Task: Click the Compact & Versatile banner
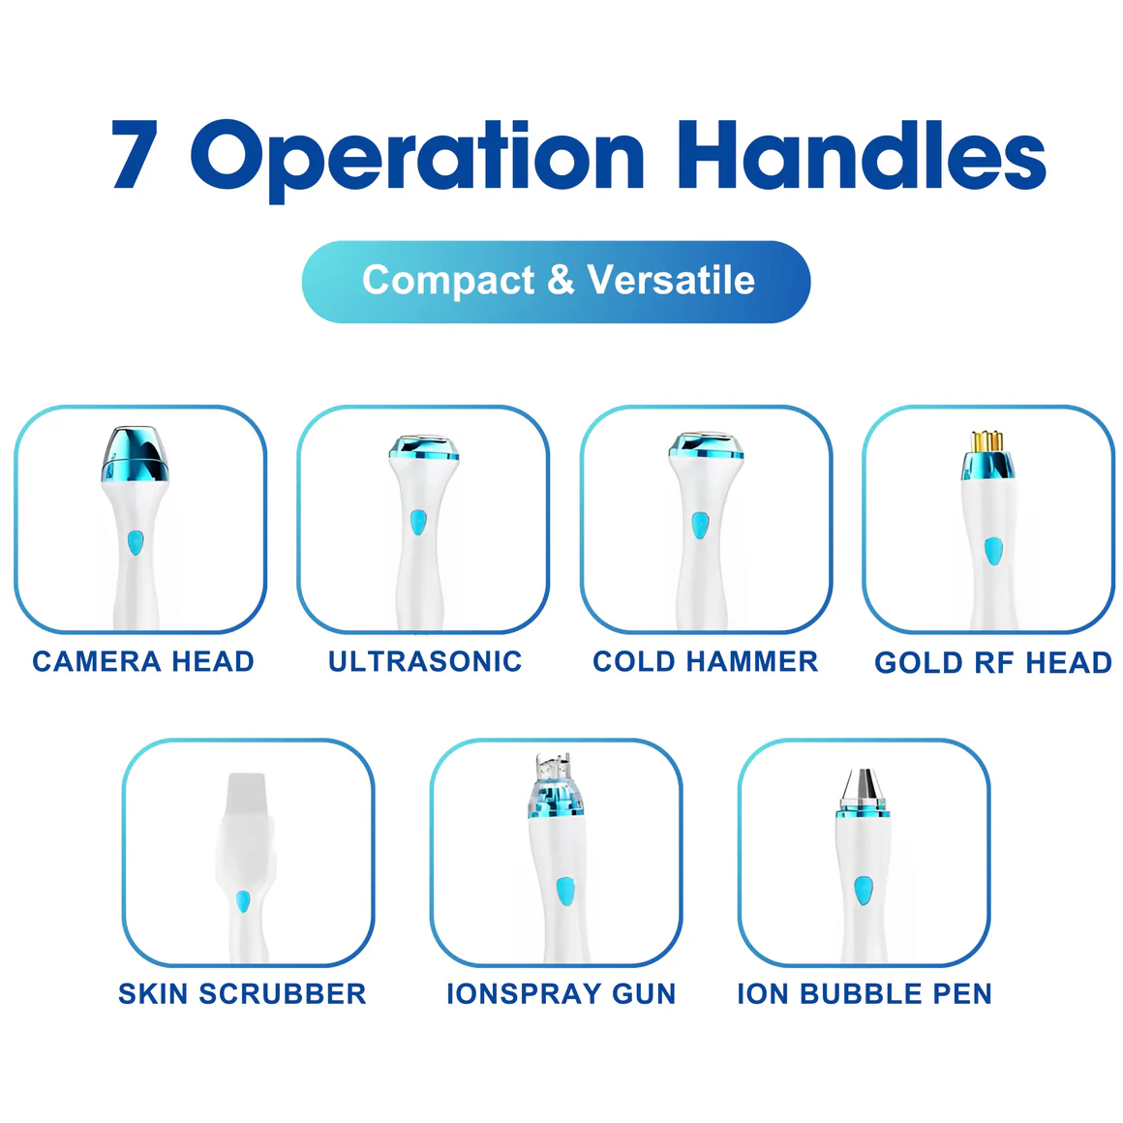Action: click(557, 281)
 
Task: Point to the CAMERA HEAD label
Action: click(143, 661)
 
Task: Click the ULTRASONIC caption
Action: click(425, 661)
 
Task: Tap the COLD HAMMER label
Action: click(706, 661)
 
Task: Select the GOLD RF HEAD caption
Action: click(992, 662)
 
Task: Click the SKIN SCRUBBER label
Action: click(242, 994)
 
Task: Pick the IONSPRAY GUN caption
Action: click(561, 994)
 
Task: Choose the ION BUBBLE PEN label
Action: click(865, 994)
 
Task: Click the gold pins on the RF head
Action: click(986, 440)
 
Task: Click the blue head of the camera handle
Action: click(136, 453)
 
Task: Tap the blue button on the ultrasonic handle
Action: click(417, 523)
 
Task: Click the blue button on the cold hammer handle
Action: click(699, 526)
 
